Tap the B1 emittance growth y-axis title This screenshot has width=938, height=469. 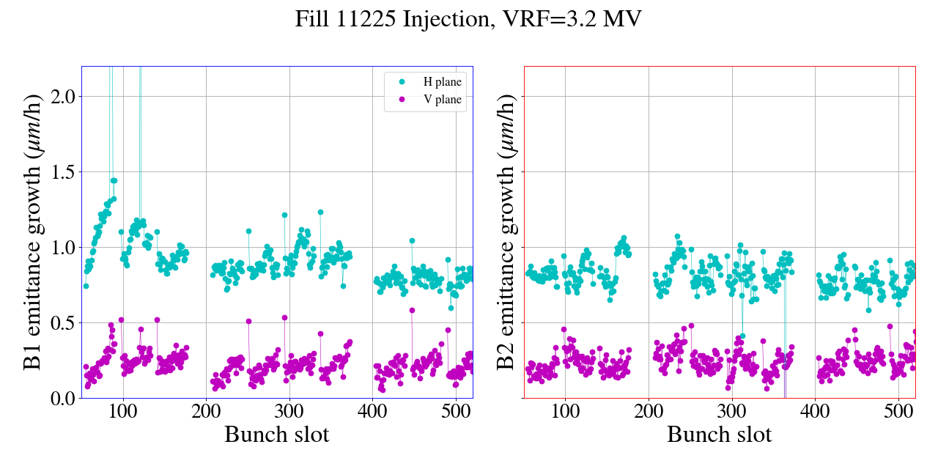tap(32, 232)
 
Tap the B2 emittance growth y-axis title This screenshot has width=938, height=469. tap(505, 232)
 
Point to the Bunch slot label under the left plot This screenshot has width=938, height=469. tap(276, 435)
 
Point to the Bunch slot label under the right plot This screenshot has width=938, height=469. tap(719, 435)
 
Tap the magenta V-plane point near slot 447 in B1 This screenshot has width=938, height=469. tap(412, 310)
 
